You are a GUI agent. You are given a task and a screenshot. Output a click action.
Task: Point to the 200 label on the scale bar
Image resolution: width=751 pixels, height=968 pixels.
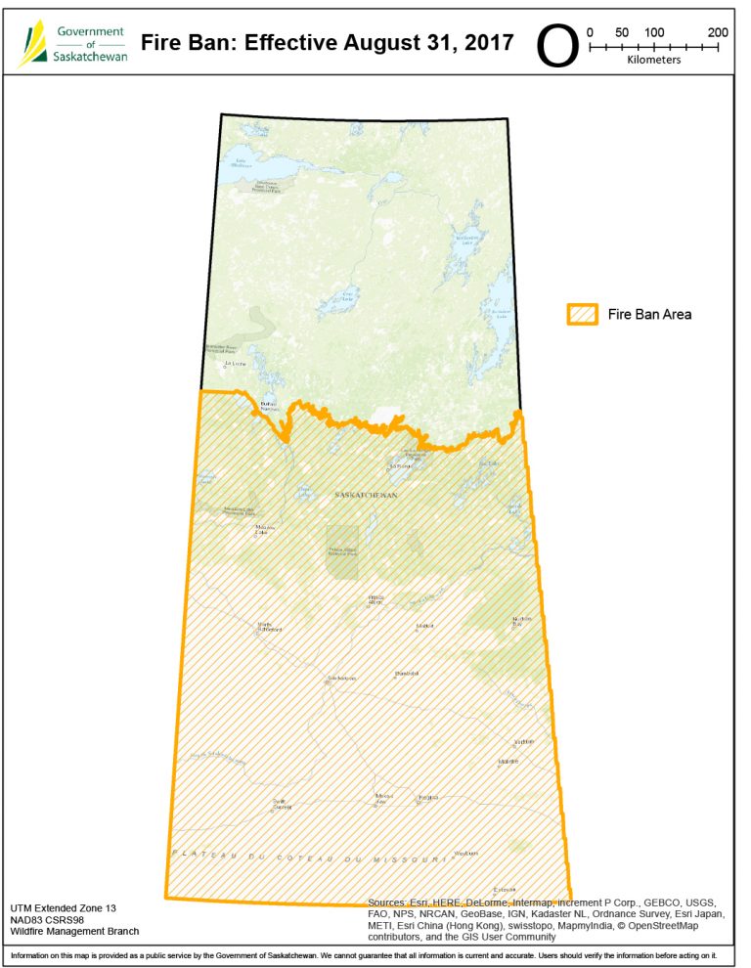718,31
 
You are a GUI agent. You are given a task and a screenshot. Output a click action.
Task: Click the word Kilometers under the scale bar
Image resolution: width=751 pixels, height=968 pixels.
654,60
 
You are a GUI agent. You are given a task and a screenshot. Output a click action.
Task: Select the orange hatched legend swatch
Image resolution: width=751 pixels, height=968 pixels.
583,314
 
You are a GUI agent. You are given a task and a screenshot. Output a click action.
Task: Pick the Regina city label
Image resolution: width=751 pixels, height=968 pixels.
427,798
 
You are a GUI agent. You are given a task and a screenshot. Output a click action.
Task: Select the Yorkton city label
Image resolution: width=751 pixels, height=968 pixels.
524,741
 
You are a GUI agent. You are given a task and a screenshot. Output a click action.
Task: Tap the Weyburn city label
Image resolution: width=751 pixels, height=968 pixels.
466,853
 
